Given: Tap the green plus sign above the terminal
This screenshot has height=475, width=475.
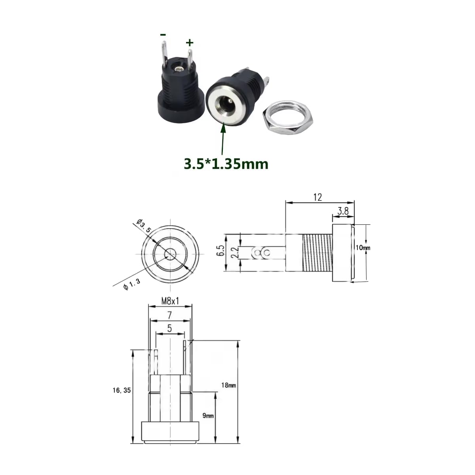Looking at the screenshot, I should (x=190, y=42).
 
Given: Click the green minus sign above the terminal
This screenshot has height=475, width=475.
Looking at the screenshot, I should (x=163, y=35).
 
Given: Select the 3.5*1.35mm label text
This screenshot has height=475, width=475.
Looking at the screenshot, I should (x=226, y=163).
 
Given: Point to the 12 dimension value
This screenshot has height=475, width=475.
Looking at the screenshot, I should (x=317, y=197).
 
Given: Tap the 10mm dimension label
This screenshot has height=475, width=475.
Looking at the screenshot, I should (x=363, y=248).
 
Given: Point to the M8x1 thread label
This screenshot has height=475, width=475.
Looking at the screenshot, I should (x=170, y=301).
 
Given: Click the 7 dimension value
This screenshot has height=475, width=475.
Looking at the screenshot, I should (x=169, y=315).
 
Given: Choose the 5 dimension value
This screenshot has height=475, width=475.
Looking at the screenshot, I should (x=170, y=328).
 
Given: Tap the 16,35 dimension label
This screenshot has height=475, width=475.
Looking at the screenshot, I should (x=121, y=390).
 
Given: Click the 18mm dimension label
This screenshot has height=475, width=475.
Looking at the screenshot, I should (x=229, y=385).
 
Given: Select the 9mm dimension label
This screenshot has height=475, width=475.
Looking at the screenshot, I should (x=208, y=416).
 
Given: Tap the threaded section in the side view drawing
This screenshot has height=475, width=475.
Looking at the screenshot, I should (x=317, y=253).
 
